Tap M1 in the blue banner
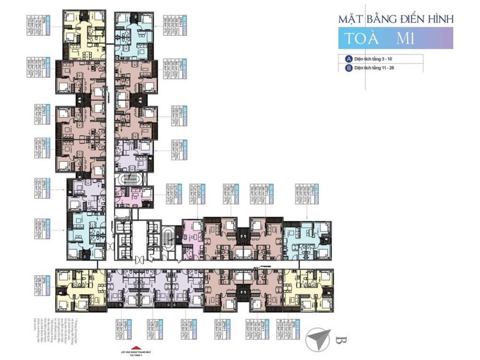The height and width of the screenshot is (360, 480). pos(406,39)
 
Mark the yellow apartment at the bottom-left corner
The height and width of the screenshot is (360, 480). pos(80,290)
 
